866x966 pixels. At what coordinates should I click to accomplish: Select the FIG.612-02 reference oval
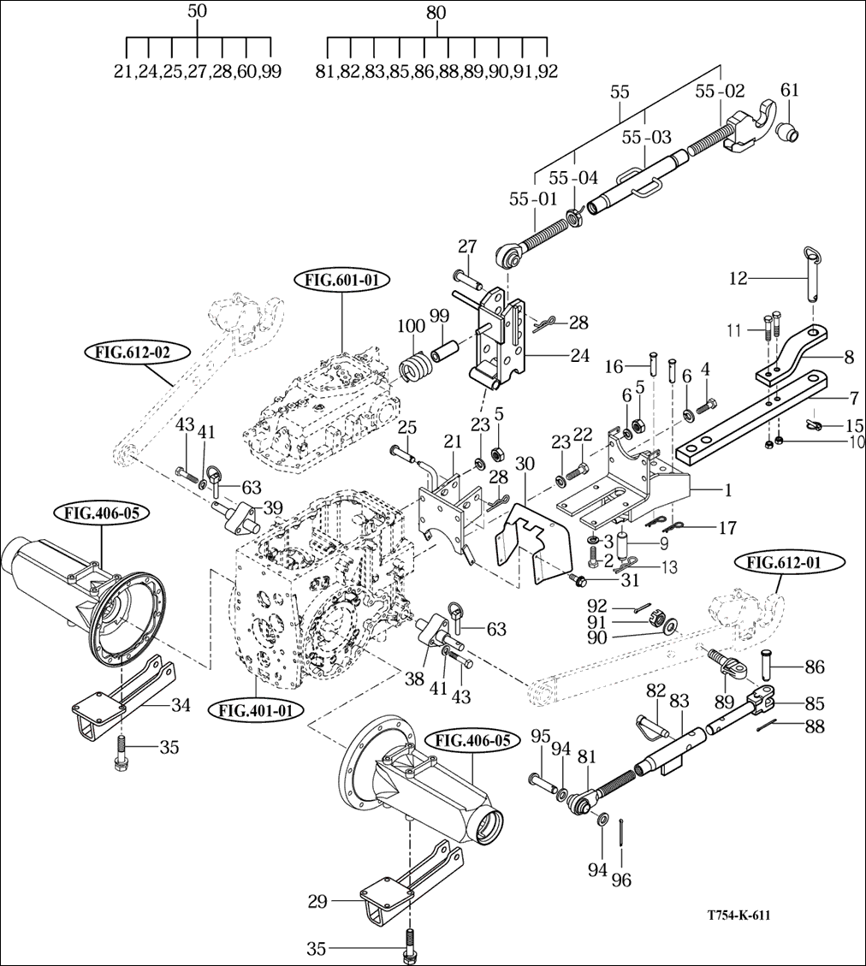point(133,353)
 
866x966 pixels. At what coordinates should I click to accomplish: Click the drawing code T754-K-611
point(738,916)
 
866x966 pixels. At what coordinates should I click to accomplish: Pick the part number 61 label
point(790,90)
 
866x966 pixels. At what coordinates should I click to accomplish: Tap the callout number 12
point(738,278)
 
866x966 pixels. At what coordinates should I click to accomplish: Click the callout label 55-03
point(647,137)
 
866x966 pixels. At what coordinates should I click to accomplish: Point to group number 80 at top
point(436,12)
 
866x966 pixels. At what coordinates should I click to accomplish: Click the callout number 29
point(317,902)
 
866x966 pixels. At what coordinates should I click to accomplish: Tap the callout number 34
point(181,705)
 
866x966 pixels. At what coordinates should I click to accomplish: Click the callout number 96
point(621,880)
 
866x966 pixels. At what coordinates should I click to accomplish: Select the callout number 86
point(815,667)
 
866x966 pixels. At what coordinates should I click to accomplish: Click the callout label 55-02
point(720,92)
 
